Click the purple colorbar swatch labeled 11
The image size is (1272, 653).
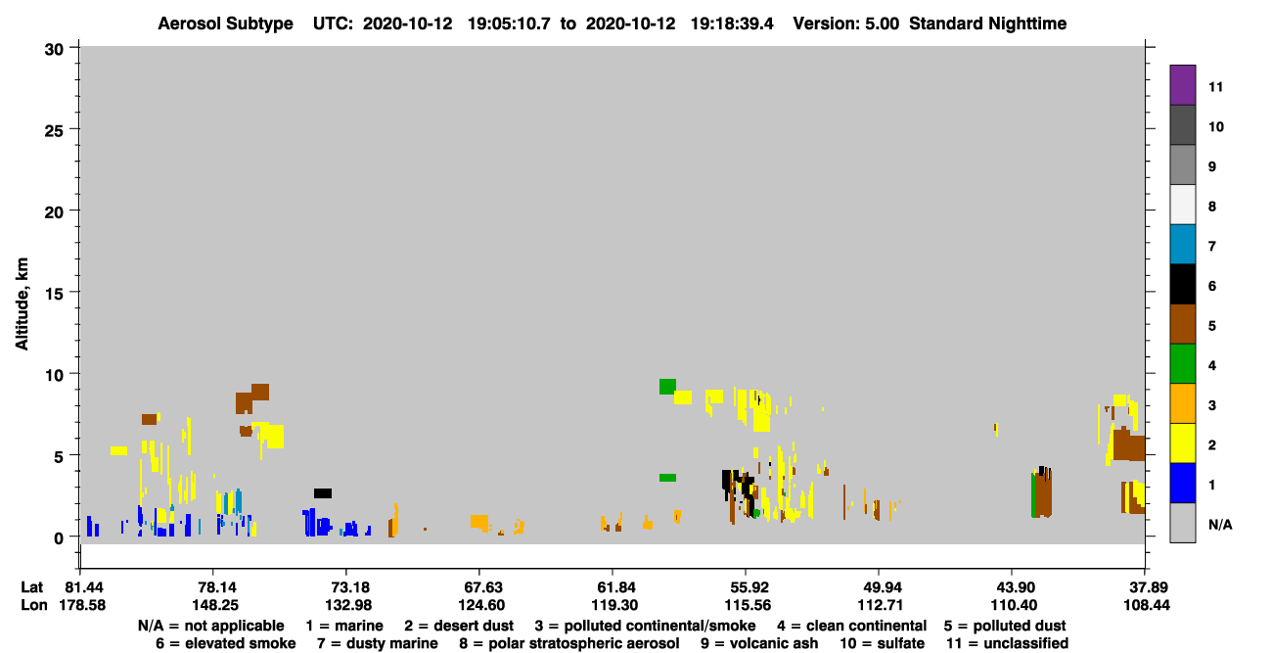tap(1182, 84)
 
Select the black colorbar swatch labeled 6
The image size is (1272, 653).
tap(1182, 284)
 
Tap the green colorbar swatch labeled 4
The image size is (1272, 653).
tap(1182, 364)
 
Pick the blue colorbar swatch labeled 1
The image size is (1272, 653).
tap(1182, 483)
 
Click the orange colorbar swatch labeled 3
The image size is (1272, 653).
tap(1182, 403)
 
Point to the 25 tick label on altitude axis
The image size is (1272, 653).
tap(54, 131)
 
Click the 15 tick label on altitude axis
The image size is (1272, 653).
tap(54, 294)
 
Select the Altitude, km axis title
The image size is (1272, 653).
tap(22, 304)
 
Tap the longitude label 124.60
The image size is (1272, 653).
tap(481, 605)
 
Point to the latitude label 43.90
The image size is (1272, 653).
tap(1015, 587)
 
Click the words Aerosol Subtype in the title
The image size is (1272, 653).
tap(225, 23)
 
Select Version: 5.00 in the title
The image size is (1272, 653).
tap(846, 23)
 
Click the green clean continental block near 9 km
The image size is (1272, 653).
tap(667, 387)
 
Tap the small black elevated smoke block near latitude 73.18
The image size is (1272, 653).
tap(323, 493)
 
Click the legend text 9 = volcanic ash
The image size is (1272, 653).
tap(759, 643)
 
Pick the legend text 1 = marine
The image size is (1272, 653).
tap(344, 626)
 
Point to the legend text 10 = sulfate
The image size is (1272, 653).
tap(883, 643)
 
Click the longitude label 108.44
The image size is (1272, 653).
tap(1147, 605)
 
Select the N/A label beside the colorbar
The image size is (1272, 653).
tap(1220, 525)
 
